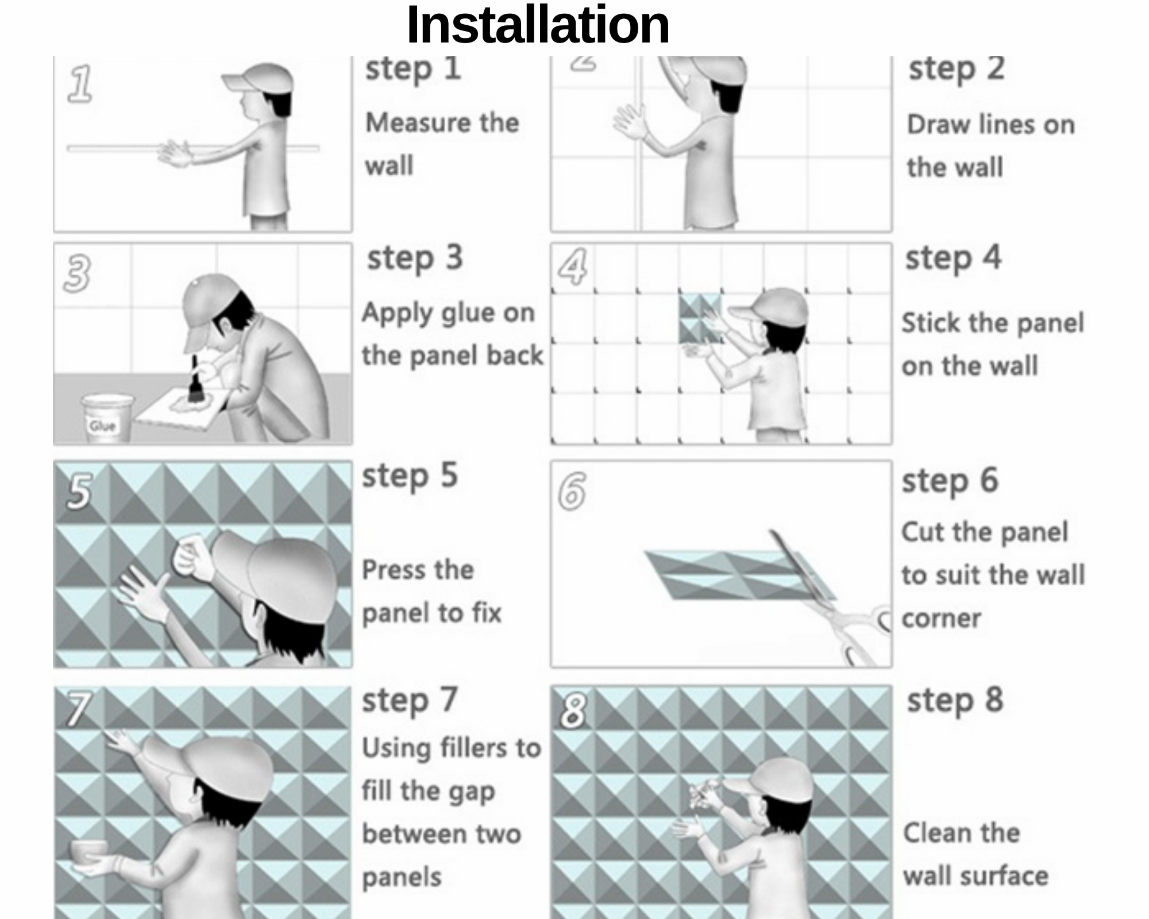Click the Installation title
tap(538, 25)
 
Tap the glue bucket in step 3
tap(107, 418)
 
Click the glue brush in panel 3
tap(195, 379)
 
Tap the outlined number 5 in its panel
tap(79, 491)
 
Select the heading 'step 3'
tap(415, 258)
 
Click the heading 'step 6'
tap(950, 481)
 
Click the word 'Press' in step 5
tap(395, 570)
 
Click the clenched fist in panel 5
tap(192, 556)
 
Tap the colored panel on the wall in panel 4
tap(700, 319)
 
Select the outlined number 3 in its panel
tap(77, 273)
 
